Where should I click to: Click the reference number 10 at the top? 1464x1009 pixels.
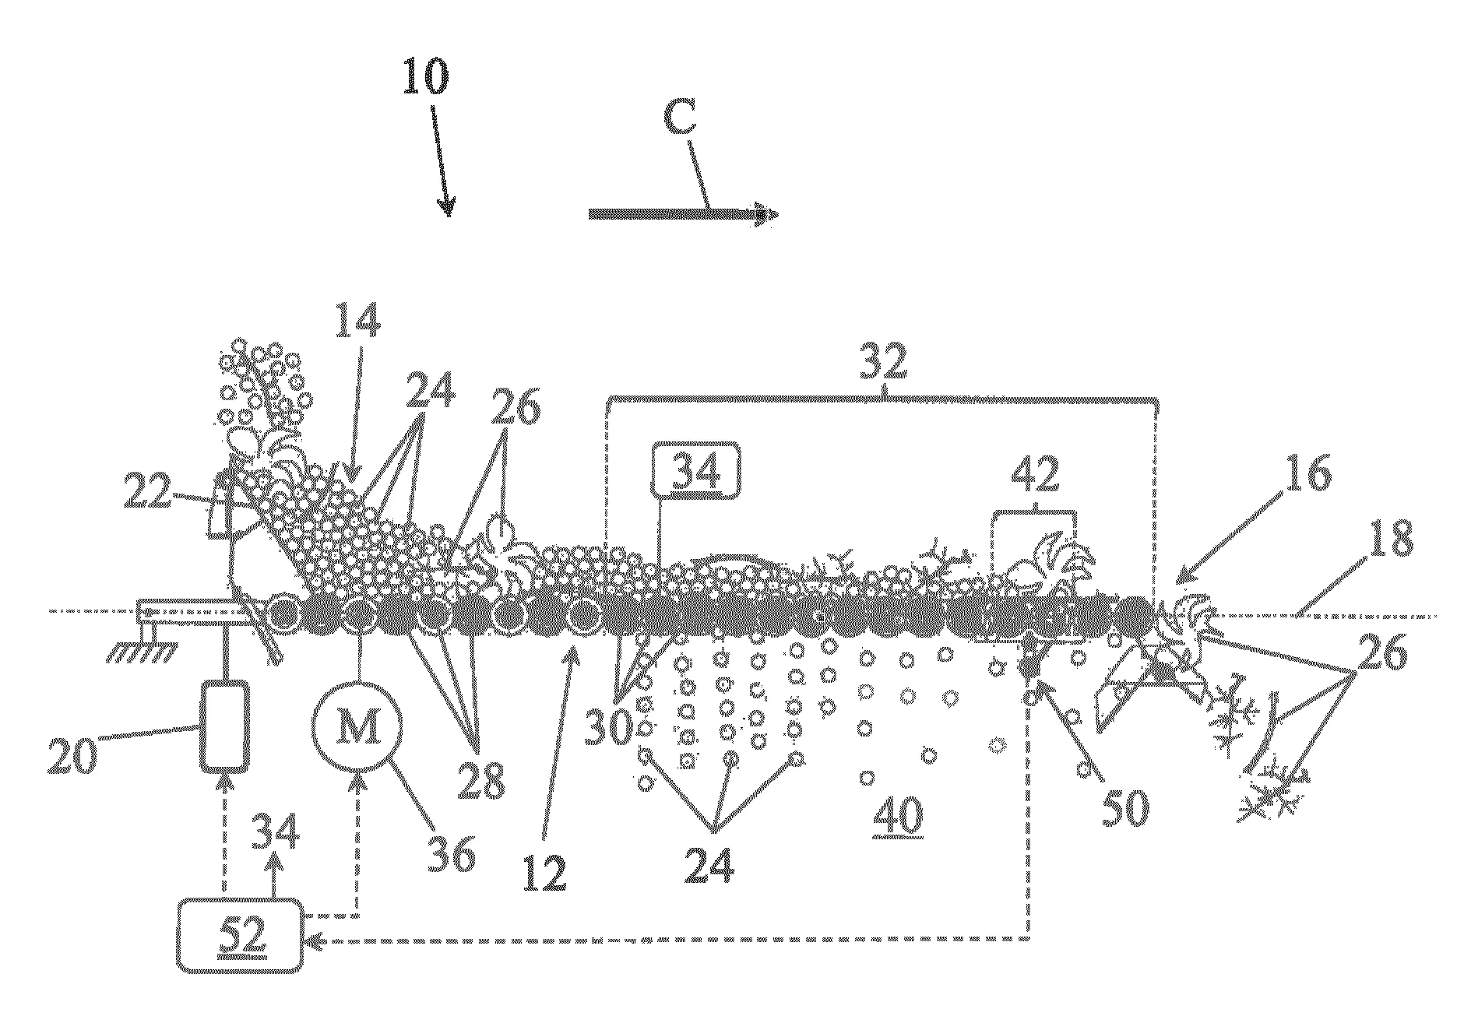[425, 77]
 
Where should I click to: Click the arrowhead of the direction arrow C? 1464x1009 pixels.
[766, 214]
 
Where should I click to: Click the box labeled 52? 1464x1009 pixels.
[240, 934]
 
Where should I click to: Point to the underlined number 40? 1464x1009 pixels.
[898, 816]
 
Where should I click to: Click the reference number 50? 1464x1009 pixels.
[1124, 807]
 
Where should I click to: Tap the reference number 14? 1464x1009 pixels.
[357, 322]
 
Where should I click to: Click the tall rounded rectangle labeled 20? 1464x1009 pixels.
[225, 726]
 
